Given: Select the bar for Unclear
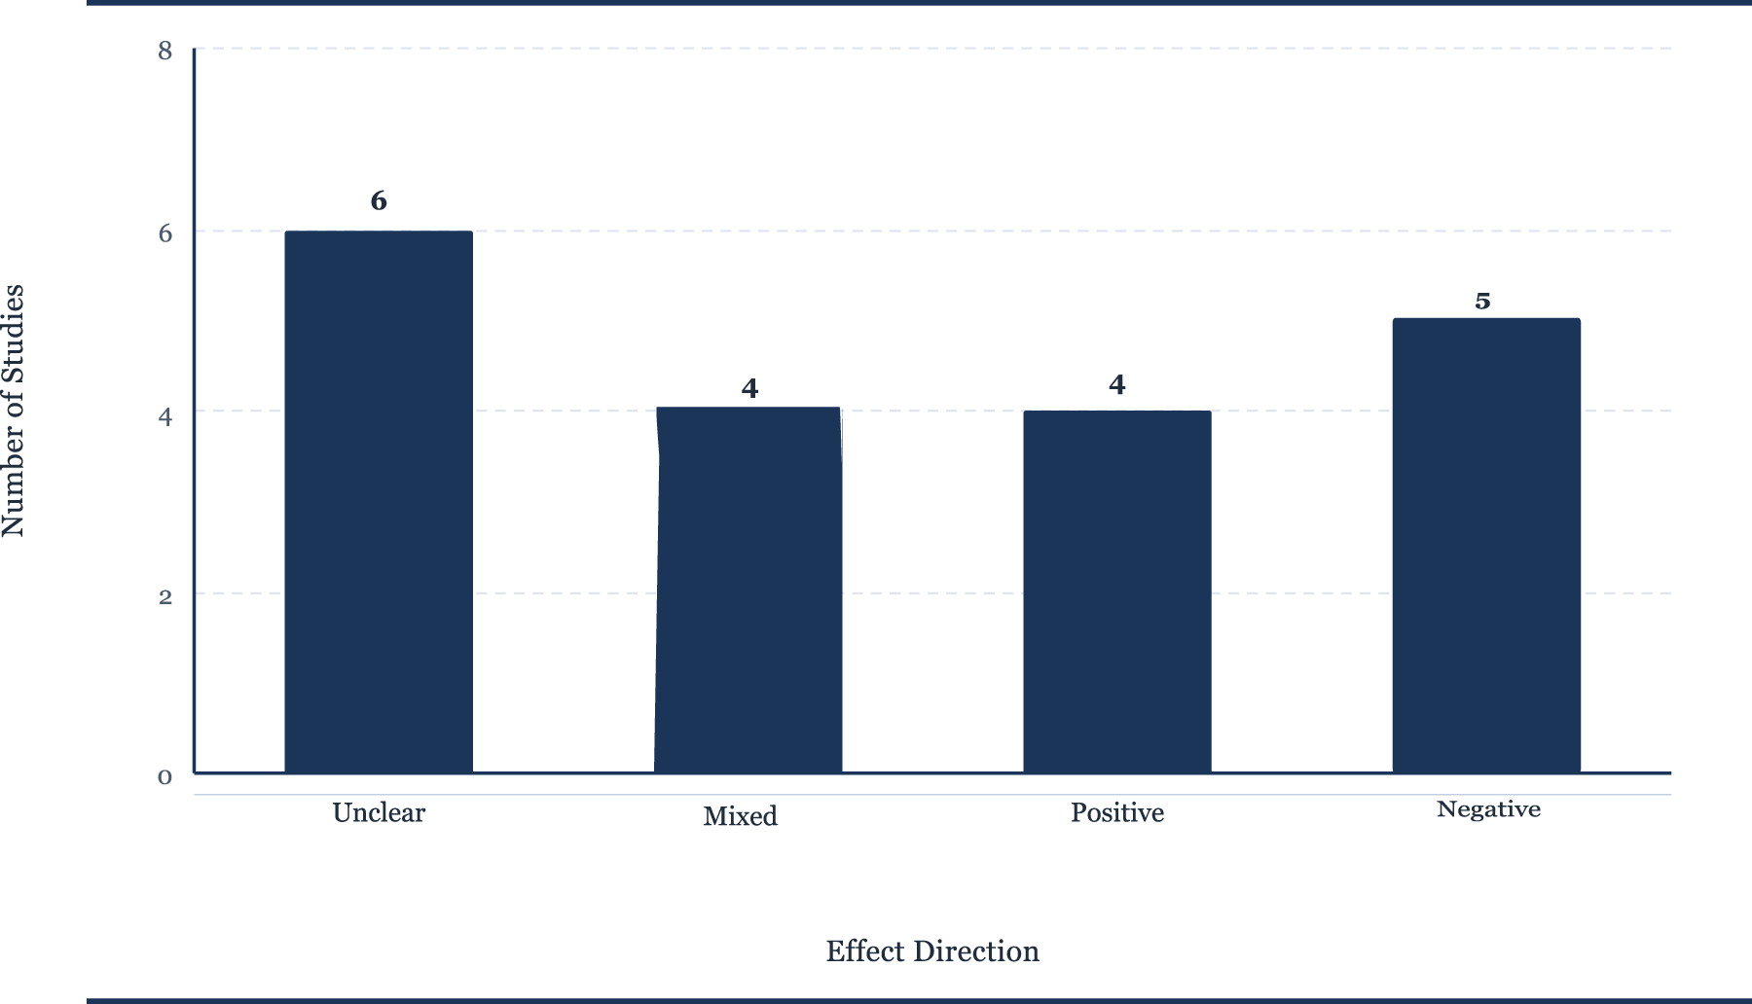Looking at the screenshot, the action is coord(379,502).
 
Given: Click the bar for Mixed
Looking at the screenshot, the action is coord(748,590).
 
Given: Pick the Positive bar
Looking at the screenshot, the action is coord(1117,592).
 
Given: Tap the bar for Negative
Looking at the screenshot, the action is coord(1486,546).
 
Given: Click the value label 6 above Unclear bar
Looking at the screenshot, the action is coord(379,201).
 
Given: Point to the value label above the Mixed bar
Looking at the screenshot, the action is coord(749,389).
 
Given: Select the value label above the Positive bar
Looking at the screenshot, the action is coord(1117,385).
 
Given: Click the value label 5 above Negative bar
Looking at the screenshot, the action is coord(1482,302).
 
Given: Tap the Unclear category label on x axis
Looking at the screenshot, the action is coord(379,812).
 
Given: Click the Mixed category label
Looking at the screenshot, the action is coord(741,816).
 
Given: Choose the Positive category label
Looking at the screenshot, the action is coord(1117,812).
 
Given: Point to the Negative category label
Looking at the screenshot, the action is coord(1489,809).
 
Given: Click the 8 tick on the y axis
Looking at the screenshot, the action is coord(165,51).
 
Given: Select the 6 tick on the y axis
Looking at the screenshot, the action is coord(165,233).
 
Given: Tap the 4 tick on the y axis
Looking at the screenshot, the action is coord(165,416).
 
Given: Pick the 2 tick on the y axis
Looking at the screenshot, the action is coord(165,596).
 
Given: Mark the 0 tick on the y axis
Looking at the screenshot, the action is coord(165,776).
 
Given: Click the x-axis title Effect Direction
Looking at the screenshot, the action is coord(932,950).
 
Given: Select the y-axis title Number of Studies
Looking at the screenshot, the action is coord(13,411).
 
